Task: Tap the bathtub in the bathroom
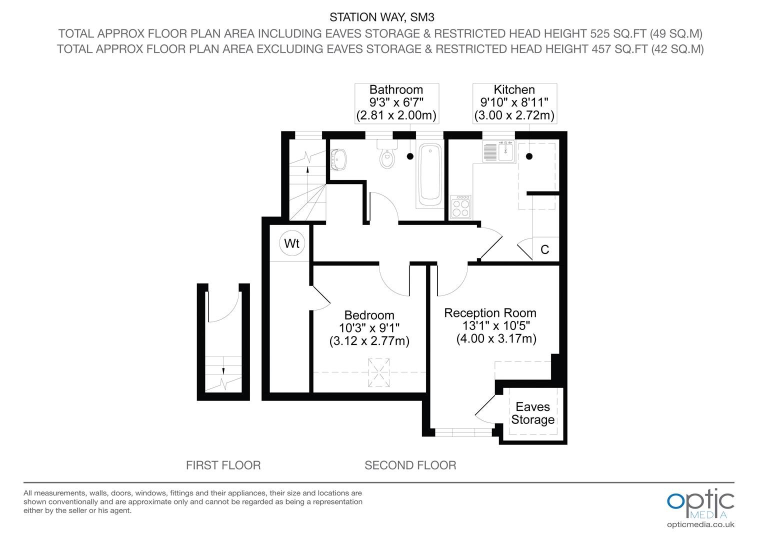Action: click(430, 174)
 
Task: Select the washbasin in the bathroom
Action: click(338, 159)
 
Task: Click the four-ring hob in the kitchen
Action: click(461, 206)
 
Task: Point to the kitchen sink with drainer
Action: click(498, 151)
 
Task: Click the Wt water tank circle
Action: click(291, 243)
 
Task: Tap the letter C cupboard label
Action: click(544, 249)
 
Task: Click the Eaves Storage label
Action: click(533, 413)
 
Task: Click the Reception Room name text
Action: click(490, 313)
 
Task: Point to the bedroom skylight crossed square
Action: click(378, 372)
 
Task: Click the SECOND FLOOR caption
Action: click(410, 465)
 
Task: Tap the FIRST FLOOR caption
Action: click(223, 465)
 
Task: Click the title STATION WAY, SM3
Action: click(382, 17)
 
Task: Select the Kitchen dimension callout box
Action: click(514, 103)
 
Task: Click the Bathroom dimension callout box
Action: click(396, 103)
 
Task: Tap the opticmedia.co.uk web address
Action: click(700, 524)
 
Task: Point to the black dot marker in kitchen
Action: click(529, 156)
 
